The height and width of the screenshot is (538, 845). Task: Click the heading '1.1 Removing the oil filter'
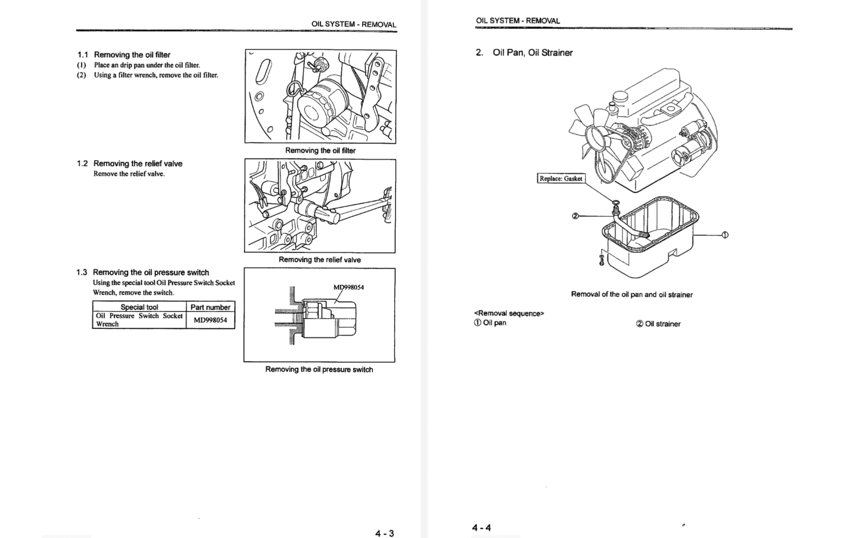124,54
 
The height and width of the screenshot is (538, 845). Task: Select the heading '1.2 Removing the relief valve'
129,164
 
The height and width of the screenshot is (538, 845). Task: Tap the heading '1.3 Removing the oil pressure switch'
143,272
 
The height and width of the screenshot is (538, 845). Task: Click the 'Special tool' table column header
139,307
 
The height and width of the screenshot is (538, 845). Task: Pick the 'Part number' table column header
210,307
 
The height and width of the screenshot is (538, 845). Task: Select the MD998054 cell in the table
210,320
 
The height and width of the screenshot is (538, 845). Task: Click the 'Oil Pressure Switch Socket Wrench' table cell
139,320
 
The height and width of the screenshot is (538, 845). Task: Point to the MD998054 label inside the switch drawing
349,287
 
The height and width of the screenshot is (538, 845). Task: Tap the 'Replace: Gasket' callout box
561,179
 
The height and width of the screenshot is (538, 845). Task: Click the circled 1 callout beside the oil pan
725,234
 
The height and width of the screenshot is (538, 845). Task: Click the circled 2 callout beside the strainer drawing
575,216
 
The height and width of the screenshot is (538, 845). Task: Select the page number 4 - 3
384,533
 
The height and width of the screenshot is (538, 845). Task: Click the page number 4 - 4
482,528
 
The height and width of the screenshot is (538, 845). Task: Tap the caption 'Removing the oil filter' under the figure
320,150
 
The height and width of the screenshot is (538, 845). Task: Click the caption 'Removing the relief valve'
319,260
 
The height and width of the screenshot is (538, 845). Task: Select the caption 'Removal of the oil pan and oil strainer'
631,295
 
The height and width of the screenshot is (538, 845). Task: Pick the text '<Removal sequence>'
509,313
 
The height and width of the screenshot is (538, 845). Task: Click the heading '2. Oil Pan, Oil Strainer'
525,52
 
